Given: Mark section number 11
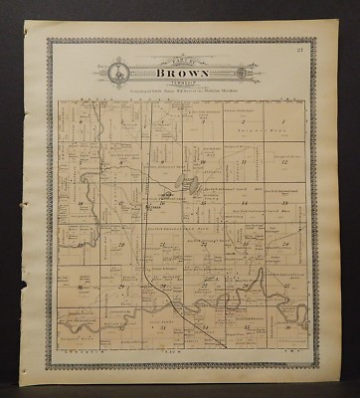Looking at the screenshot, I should pos(243,161).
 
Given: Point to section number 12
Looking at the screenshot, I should pos(285,161).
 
